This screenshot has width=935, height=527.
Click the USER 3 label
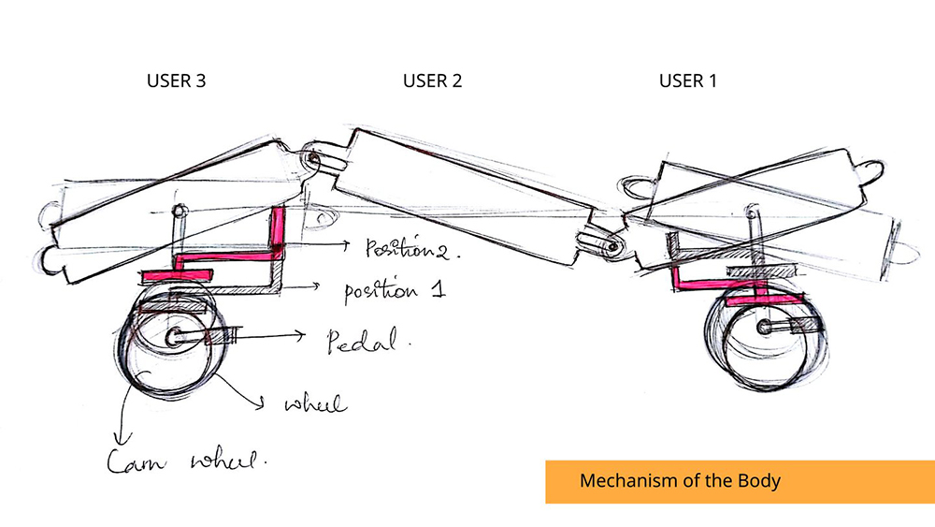176,81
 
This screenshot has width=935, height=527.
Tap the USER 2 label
432,81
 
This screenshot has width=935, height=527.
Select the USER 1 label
688,81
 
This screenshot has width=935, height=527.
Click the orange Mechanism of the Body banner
740,481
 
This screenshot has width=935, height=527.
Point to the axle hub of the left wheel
175,336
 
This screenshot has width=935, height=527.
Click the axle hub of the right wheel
767,328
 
